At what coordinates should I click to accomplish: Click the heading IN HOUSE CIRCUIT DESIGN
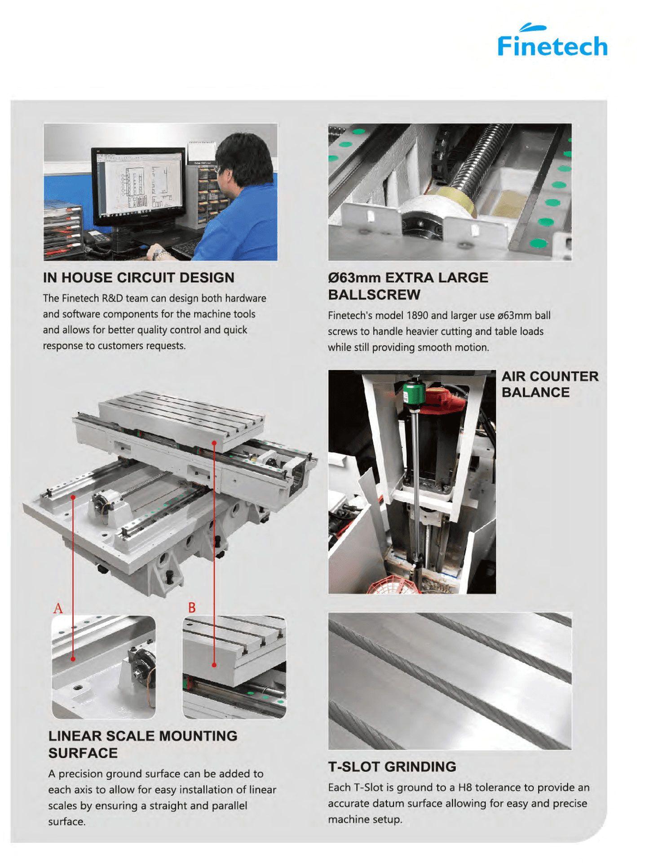[x=138, y=278]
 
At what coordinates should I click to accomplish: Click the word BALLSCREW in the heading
[x=374, y=295]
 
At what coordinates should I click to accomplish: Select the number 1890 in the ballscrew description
[x=417, y=316]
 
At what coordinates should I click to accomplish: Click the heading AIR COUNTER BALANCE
[x=549, y=384]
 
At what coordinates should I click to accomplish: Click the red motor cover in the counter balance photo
[x=443, y=400]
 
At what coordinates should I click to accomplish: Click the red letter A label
[x=58, y=609]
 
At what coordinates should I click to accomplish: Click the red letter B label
[x=192, y=608]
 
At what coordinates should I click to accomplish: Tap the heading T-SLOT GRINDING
[x=392, y=767]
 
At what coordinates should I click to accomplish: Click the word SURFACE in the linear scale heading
[x=83, y=753]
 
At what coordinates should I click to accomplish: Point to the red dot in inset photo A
[x=73, y=659]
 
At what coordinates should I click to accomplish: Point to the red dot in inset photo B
[x=214, y=665]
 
